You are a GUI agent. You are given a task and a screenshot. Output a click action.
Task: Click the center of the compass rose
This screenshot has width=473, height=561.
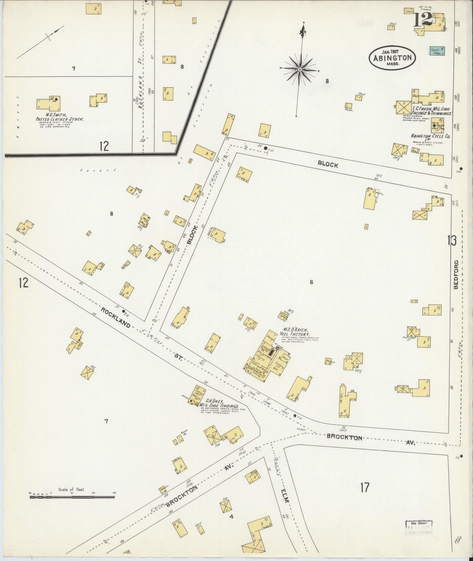coord(300,69)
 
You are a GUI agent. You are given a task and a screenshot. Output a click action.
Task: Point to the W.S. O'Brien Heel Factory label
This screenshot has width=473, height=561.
coord(295,332)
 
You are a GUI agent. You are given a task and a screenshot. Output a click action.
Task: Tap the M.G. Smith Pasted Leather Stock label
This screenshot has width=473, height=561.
coord(60,117)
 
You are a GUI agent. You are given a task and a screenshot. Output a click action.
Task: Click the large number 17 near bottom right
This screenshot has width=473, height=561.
coord(365,488)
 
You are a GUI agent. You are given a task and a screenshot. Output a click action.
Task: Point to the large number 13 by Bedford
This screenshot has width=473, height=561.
coord(452,241)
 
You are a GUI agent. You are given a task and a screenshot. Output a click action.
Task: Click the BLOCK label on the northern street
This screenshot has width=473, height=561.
coord(327,165)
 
